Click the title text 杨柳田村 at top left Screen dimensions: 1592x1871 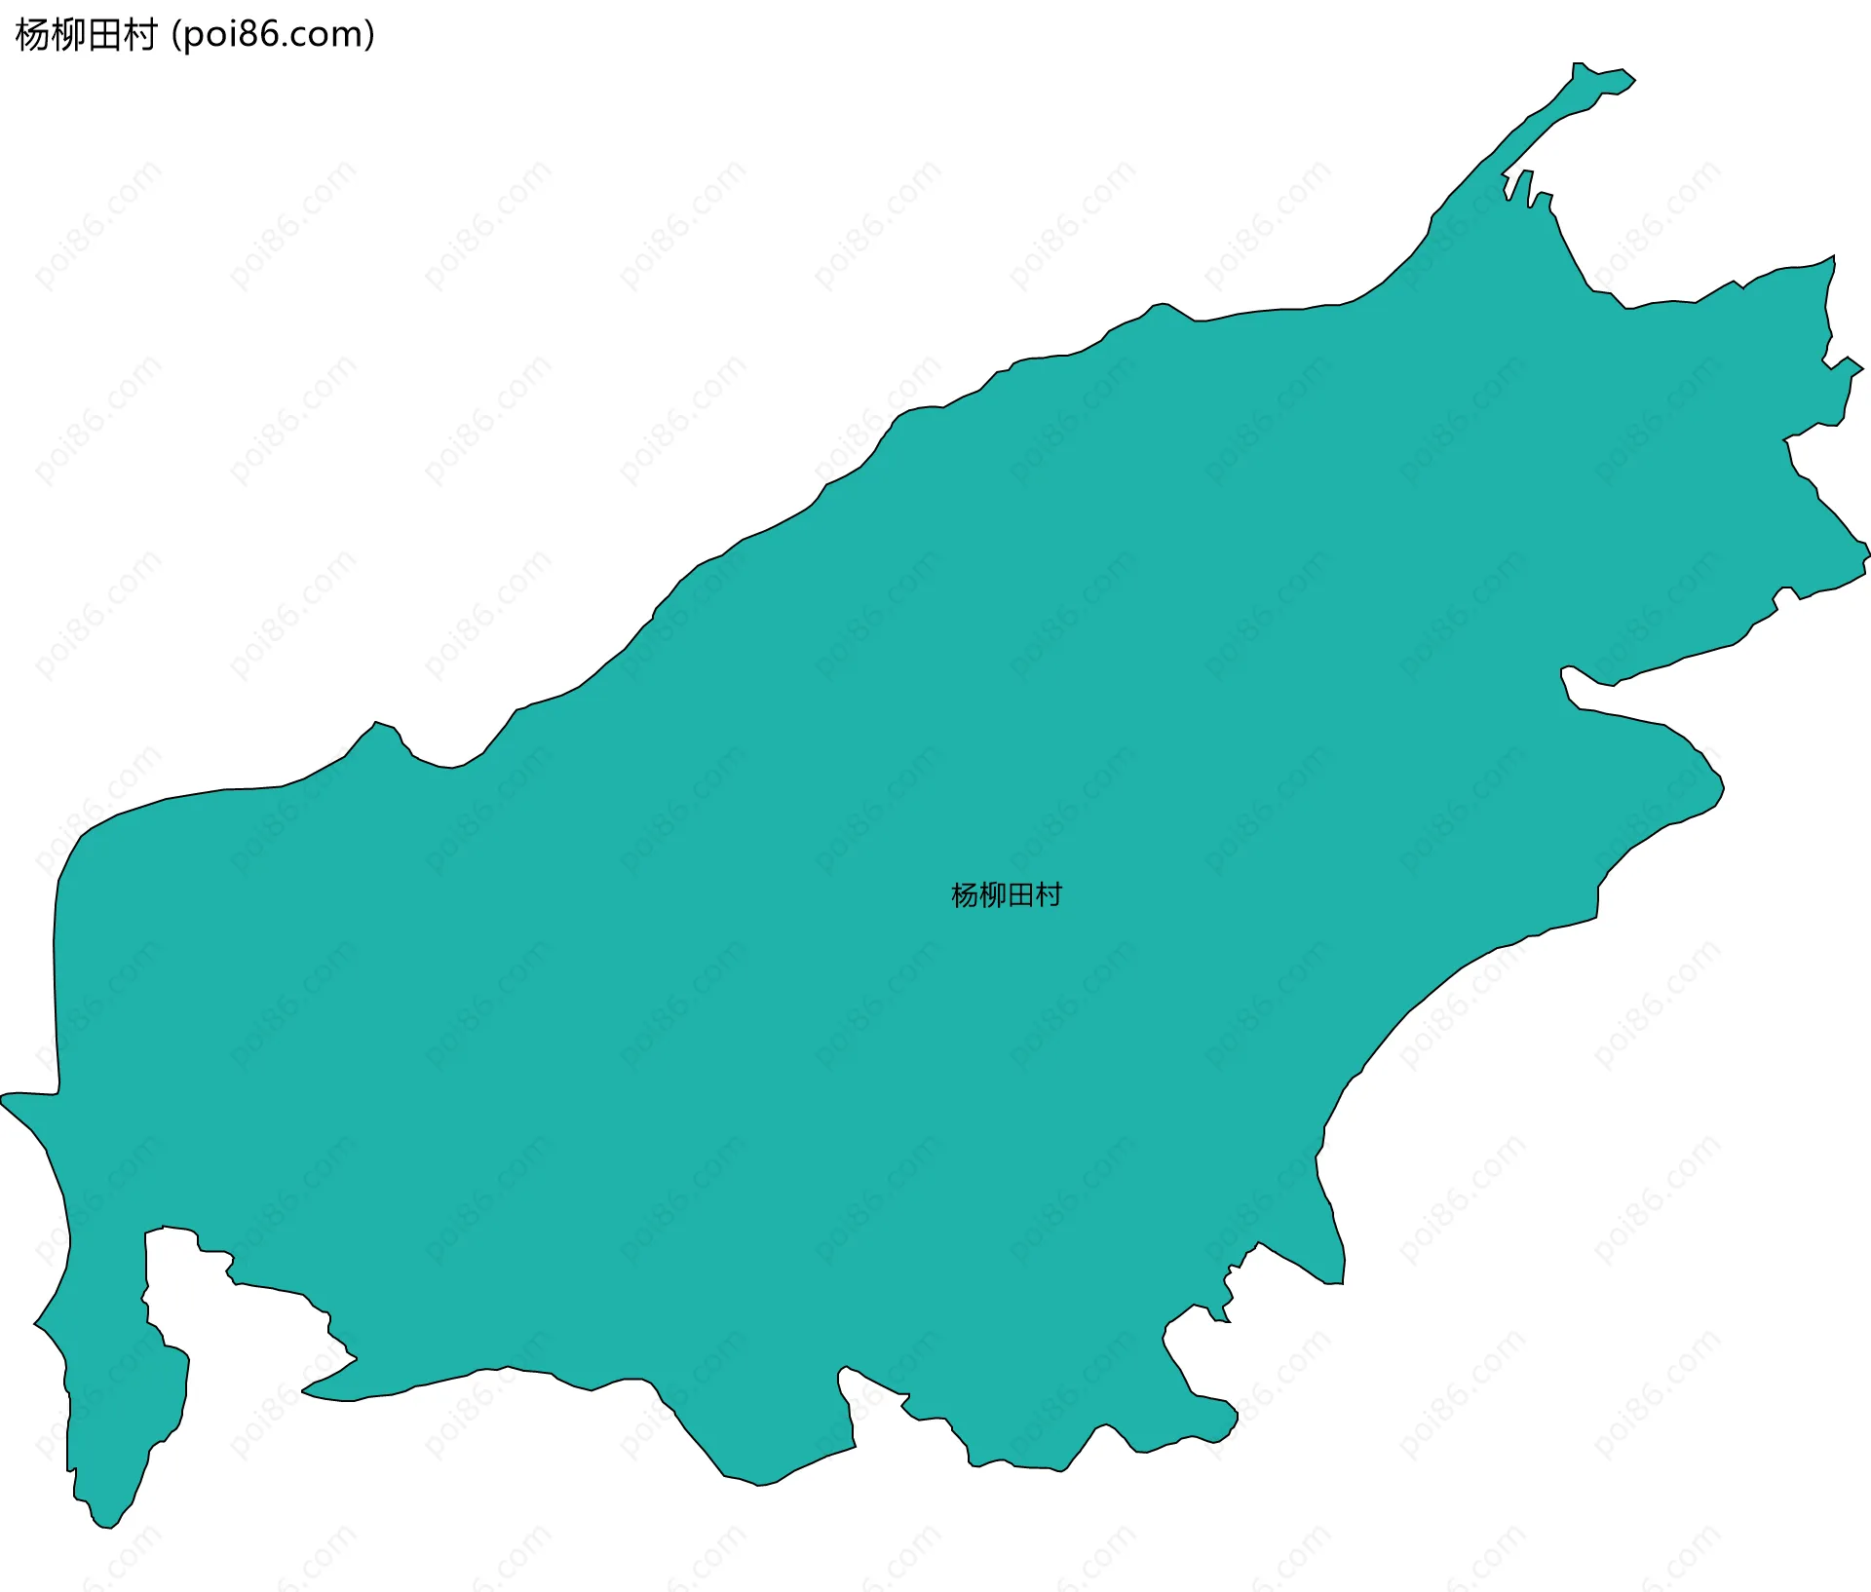click(86, 35)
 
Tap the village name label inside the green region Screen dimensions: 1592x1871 click(1006, 895)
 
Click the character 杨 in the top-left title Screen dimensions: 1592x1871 click(32, 35)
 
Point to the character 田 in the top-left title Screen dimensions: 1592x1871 click(104, 35)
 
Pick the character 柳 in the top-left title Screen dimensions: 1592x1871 click(68, 35)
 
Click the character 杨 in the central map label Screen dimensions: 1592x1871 click(965, 895)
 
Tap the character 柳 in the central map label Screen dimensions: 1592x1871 click(992, 895)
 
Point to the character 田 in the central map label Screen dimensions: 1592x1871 click(1020, 895)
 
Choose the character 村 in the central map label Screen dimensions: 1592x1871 click(1049, 895)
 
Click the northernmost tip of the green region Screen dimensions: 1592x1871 click(1579, 65)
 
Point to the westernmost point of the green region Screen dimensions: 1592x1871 click(3, 1098)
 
